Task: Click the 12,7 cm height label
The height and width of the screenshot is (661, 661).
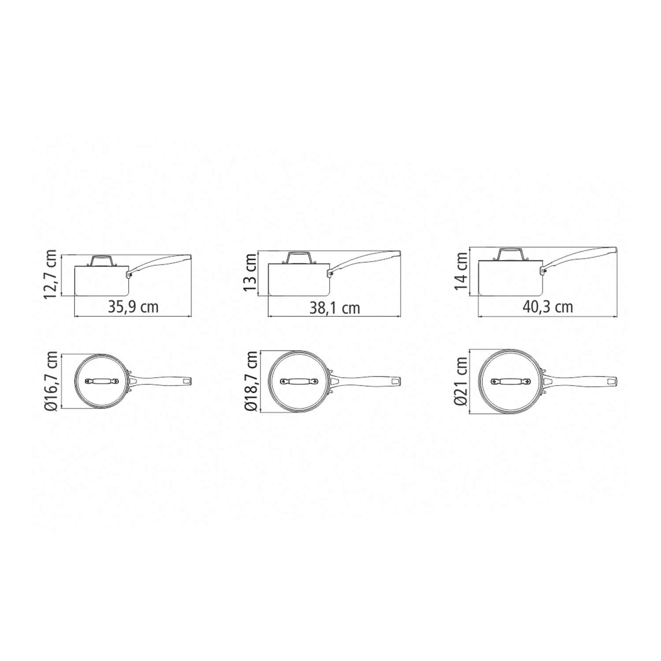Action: pyautogui.click(x=51, y=274)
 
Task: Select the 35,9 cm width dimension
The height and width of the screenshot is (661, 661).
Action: pyautogui.click(x=133, y=306)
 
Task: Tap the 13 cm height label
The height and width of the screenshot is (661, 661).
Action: pyautogui.click(x=250, y=273)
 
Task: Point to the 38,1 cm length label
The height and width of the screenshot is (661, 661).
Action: pyautogui.click(x=334, y=308)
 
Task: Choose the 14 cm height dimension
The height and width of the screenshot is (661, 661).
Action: pyautogui.click(x=461, y=271)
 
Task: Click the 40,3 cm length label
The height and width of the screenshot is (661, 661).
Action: pyautogui.click(x=548, y=307)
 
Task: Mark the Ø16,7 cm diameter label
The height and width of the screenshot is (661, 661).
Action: pyautogui.click(x=51, y=381)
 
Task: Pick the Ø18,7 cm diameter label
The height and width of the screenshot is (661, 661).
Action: pyautogui.click(x=251, y=381)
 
